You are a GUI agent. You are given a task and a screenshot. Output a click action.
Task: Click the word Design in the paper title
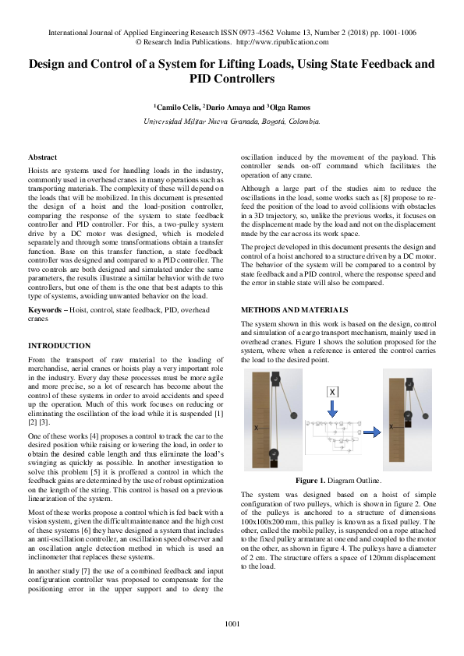[51, 65]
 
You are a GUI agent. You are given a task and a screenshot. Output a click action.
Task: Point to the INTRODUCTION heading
[59, 345]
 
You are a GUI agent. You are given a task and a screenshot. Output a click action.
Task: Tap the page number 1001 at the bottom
[232, 622]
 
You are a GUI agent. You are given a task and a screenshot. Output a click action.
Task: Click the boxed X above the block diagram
[332, 392]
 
